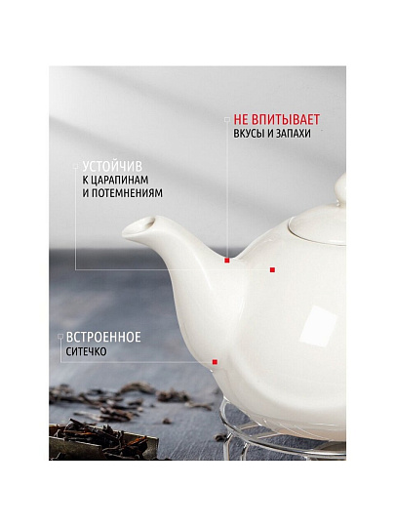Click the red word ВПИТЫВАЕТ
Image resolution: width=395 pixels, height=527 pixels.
point(286,120)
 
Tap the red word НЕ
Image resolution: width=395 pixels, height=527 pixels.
point(241,120)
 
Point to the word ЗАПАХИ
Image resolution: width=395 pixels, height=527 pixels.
point(294,134)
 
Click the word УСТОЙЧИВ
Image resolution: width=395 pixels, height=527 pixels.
point(112,166)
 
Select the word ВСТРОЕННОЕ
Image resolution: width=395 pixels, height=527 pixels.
point(103,337)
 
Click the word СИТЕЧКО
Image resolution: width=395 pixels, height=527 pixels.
point(87,351)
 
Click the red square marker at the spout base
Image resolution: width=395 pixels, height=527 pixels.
point(227,261)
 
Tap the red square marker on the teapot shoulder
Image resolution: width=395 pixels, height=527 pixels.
point(272,270)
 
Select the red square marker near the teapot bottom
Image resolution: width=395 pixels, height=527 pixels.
point(215,362)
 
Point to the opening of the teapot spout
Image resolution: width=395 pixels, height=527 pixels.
point(145,223)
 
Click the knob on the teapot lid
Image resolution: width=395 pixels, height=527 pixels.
point(340,188)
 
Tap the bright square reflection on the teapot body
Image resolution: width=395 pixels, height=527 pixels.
point(316,326)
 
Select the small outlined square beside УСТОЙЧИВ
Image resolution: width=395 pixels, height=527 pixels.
point(75,166)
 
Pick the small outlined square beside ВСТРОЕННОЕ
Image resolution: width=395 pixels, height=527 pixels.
point(60,337)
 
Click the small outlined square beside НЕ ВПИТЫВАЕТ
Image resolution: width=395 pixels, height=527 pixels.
point(227,119)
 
